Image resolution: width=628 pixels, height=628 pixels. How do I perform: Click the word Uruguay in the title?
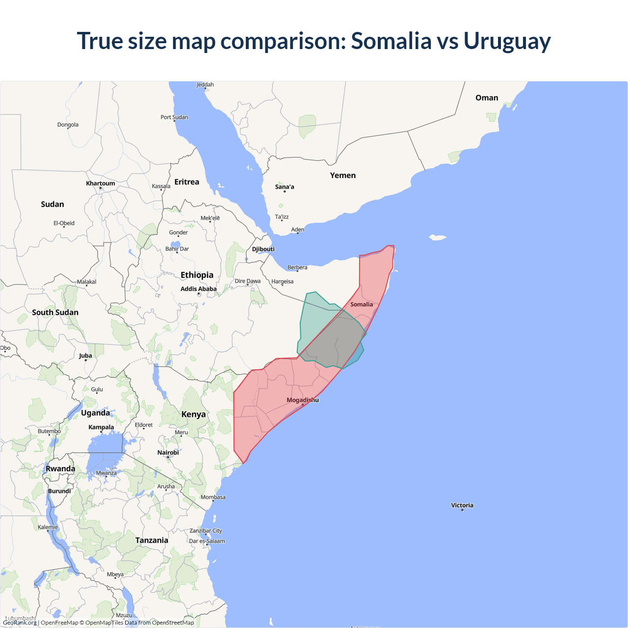pyautogui.click(x=507, y=41)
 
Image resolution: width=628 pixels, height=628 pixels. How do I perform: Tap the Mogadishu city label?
pyautogui.click(x=302, y=400)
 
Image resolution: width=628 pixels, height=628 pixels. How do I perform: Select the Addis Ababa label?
pyautogui.click(x=198, y=289)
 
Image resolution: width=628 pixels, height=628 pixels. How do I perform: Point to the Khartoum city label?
pyautogui.click(x=101, y=183)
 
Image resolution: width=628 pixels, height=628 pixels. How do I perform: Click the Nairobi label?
pyautogui.click(x=168, y=452)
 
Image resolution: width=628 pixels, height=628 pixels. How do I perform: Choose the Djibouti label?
pyautogui.click(x=263, y=249)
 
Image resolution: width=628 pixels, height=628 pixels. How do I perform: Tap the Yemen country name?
pyautogui.click(x=342, y=176)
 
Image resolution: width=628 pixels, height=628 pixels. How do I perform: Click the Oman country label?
pyautogui.click(x=487, y=98)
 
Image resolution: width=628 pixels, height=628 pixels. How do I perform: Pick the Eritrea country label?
pyautogui.click(x=186, y=182)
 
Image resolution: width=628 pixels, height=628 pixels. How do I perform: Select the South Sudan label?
pyautogui.click(x=55, y=313)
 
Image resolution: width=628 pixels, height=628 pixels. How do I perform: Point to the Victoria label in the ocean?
pyautogui.click(x=462, y=505)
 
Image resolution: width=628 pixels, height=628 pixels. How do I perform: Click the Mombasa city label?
pyautogui.click(x=213, y=497)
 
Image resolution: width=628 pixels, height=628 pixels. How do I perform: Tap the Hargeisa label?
pyautogui.click(x=282, y=282)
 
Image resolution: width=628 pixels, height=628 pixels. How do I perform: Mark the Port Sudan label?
pyautogui.click(x=174, y=117)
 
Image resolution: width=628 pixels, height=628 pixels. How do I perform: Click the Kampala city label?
pyautogui.click(x=101, y=427)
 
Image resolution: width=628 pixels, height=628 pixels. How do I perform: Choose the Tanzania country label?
pyautogui.click(x=152, y=540)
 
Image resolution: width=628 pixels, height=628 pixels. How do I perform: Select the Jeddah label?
pyautogui.click(x=205, y=85)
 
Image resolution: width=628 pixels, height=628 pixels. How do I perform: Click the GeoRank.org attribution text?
pyautogui.click(x=20, y=623)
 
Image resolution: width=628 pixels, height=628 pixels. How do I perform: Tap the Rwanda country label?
pyautogui.click(x=60, y=469)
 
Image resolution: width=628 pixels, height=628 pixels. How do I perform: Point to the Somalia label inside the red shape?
pyautogui.click(x=362, y=304)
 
